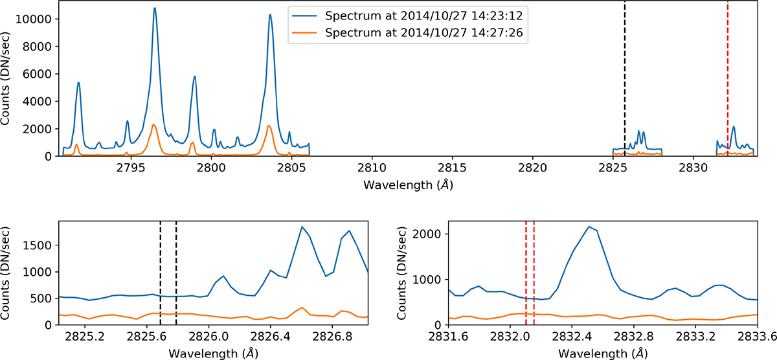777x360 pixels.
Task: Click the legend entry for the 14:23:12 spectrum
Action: [x=407, y=16]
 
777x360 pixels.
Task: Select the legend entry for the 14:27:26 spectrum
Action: [x=407, y=32]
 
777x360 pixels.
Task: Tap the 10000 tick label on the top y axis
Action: [x=33, y=19]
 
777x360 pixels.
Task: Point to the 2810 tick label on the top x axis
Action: [x=372, y=168]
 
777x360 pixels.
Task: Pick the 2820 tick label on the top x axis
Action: [x=532, y=168]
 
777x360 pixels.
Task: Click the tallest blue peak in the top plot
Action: [x=155, y=8]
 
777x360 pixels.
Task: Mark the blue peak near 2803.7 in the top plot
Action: [x=270, y=15]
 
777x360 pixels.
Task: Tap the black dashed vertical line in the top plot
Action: [x=625, y=78]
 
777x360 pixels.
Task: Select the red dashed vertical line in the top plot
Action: [x=728, y=78]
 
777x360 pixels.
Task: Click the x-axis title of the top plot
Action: [x=409, y=185]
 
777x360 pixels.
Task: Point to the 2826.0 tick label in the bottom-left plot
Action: [x=208, y=337]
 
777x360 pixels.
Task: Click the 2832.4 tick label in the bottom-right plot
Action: [x=572, y=337]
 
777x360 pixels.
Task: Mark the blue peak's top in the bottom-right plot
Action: [x=589, y=227]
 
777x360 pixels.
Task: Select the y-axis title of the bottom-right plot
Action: [x=401, y=273]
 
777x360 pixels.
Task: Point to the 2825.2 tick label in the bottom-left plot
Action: [x=85, y=337]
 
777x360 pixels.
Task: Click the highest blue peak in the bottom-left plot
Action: [x=302, y=227]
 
